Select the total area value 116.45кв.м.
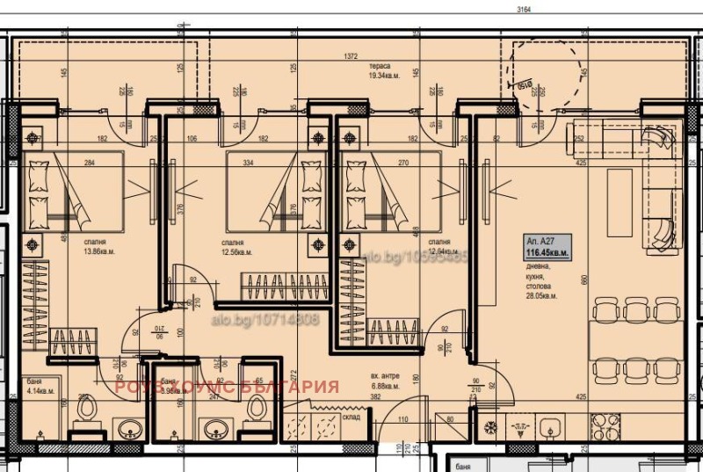tap(547, 252)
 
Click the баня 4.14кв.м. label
tap(38, 385)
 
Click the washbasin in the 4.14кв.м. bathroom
tap(130, 430)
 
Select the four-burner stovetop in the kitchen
tap(604, 428)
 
